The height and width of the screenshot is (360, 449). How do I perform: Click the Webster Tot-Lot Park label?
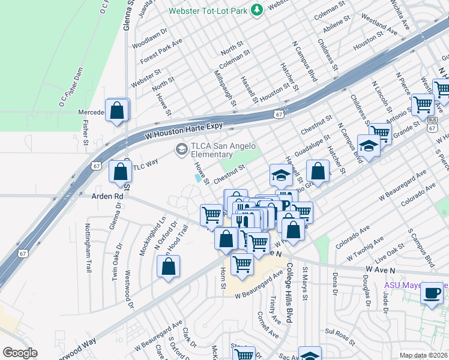coord(207,11)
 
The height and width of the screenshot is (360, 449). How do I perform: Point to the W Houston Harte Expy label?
coord(184,131)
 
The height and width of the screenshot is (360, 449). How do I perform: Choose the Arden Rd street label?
coord(106,196)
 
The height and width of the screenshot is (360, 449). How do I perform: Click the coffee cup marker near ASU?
coord(432,293)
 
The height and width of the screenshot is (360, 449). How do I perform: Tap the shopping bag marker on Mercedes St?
coord(118,110)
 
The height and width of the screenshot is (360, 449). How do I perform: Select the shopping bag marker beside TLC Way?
coord(121,172)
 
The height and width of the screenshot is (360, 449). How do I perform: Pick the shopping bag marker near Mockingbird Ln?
coord(169,267)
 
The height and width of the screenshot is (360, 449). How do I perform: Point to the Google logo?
coord(20,353)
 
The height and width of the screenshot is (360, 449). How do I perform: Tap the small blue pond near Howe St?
coord(198,178)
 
